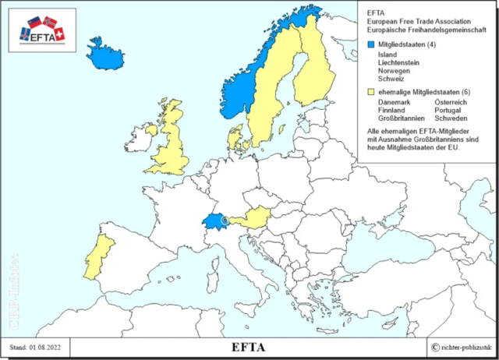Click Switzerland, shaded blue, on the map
click(x=214, y=223)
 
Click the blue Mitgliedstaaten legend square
click(x=370, y=45)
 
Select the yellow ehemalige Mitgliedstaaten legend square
click(x=370, y=92)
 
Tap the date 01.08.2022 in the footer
click(x=48, y=347)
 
